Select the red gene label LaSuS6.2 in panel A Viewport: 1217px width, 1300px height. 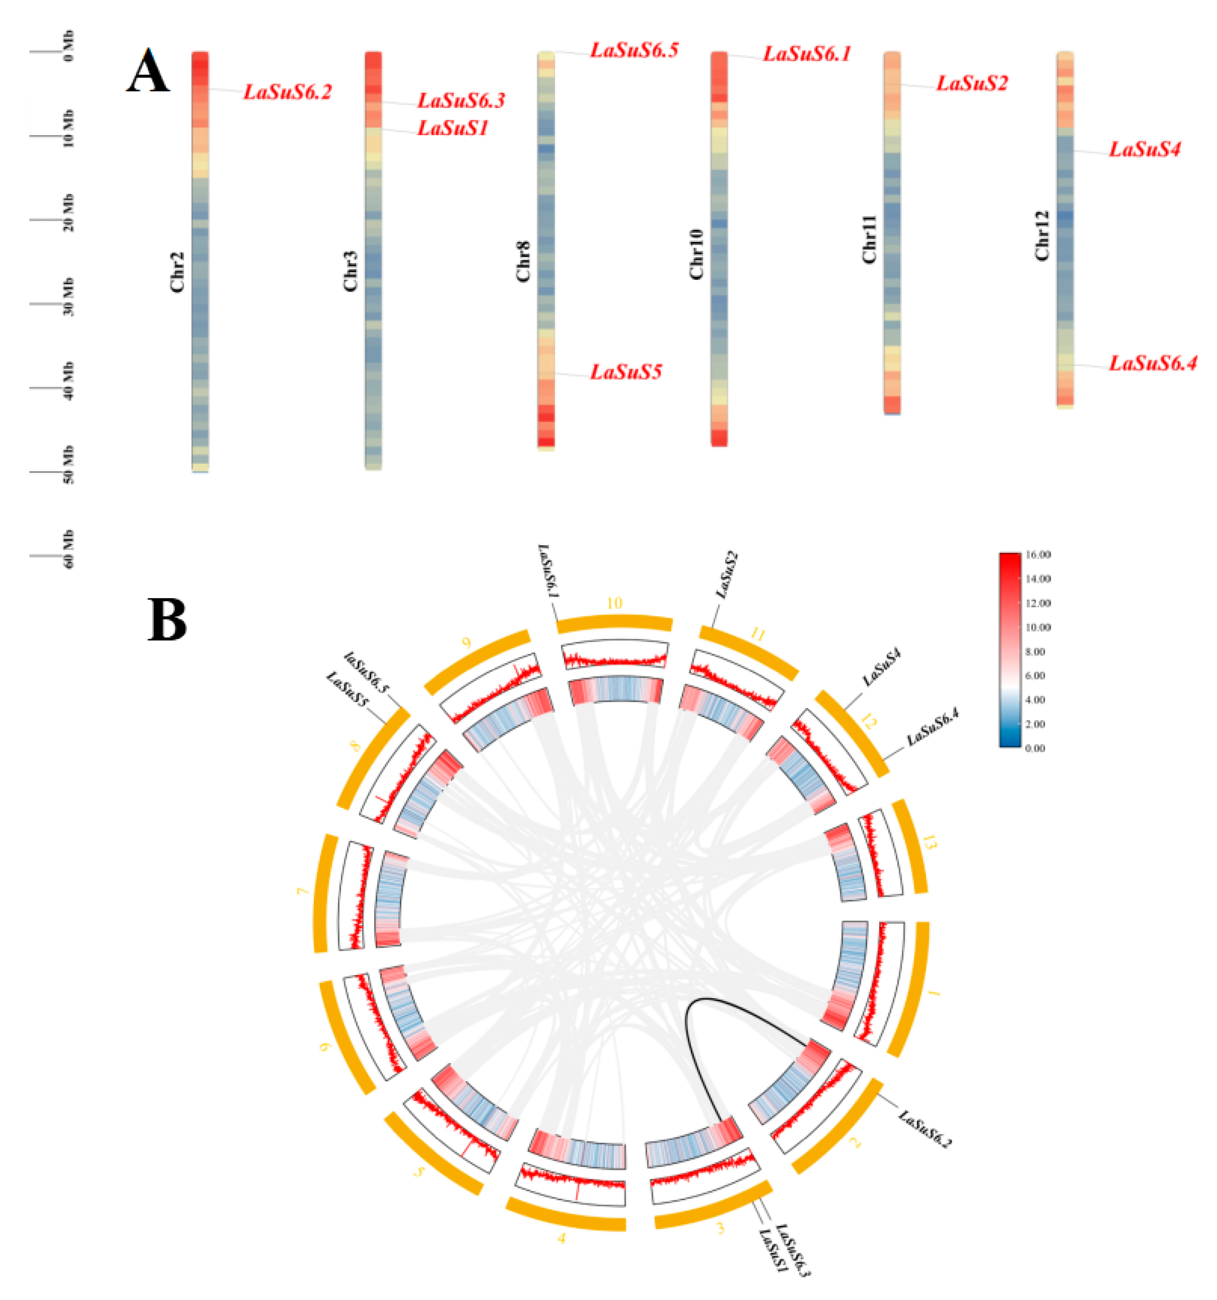click(288, 92)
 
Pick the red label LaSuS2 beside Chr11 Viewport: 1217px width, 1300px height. click(972, 84)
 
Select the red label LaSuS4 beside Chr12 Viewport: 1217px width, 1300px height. click(1145, 150)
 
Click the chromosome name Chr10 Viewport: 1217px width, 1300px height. click(697, 255)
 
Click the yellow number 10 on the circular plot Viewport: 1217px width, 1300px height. click(614, 603)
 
